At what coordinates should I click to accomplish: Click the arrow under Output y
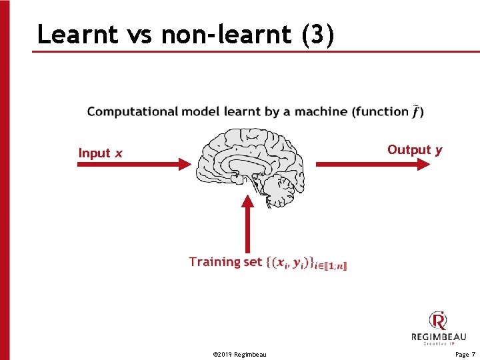[373, 163]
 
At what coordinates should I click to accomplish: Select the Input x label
[100, 153]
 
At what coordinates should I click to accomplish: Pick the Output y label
[415, 150]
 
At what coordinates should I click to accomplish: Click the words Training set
[225, 262]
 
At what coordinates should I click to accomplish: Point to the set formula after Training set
[307, 263]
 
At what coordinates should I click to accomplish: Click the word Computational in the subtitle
[131, 111]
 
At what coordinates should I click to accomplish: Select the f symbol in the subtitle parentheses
[416, 111]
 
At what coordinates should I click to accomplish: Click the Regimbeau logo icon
[438, 321]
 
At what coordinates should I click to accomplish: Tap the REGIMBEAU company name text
[438, 337]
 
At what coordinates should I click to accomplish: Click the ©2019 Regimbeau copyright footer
[239, 354]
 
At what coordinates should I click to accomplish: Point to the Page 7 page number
[465, 354]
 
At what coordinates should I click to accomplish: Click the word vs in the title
[138, 34]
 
